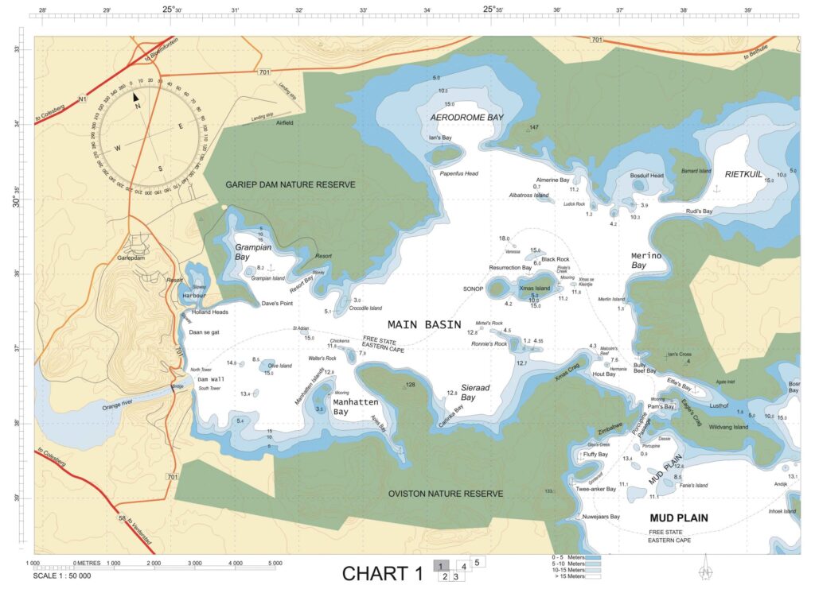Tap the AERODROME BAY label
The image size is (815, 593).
tap(467, 117)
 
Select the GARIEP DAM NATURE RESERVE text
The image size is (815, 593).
tap(290, 184)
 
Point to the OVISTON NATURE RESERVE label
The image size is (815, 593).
tap(445, 494)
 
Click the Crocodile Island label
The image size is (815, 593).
tap(365, 308)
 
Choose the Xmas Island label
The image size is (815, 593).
tap(534, 288)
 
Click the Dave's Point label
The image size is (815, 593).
tap(278, 304)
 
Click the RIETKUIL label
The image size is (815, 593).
tap(743, 173)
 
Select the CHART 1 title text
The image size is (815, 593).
tap(382, 573)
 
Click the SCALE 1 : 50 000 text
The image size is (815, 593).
tap(62, 576)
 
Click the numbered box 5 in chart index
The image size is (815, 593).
tap(477, 562)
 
